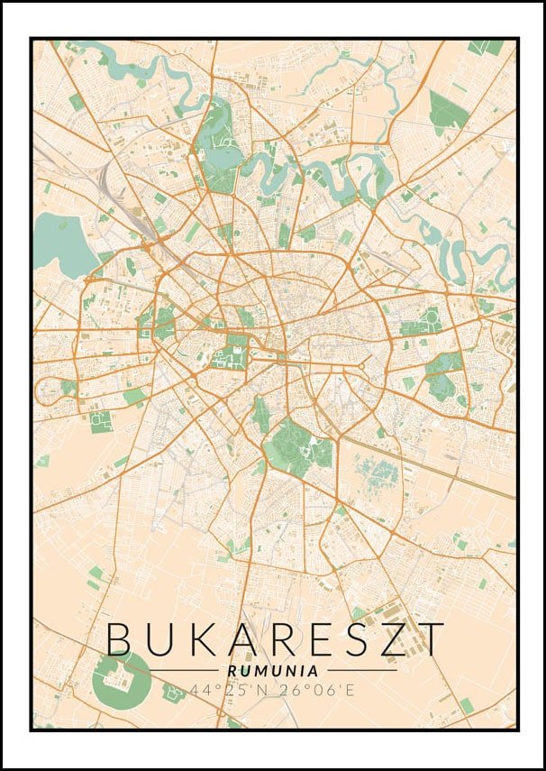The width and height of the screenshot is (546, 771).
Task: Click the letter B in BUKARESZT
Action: click(x=122, y=638)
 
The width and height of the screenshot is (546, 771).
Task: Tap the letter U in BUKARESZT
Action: click(x=163, y=638)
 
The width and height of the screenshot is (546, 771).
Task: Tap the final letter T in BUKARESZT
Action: click(x=432, y=638)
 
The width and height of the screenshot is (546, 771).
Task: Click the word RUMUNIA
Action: click(x=273, y=671)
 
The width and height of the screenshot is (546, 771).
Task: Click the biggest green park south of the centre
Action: click(x=290, y=445)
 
